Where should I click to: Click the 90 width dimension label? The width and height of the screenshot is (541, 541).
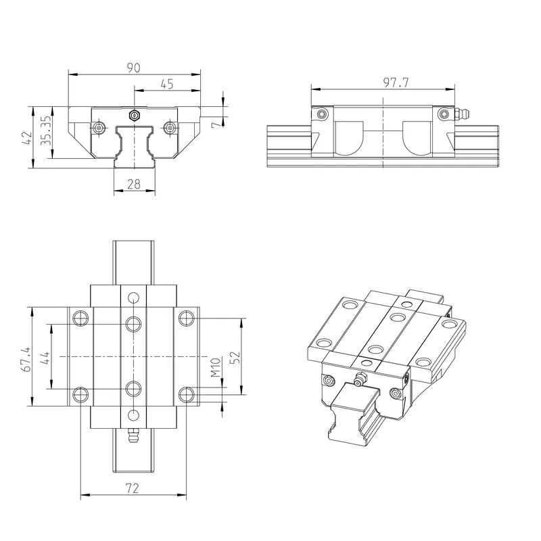point(133,68)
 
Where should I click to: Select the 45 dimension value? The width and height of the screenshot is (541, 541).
point(167,84)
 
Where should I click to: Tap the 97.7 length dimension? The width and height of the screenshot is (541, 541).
point(396,83)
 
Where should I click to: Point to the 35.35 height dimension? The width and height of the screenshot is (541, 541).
point(46,131)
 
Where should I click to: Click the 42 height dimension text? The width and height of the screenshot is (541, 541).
point(27,138)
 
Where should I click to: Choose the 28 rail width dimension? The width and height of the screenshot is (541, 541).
point(134,184)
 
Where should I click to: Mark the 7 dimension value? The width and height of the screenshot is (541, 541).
point(216,123)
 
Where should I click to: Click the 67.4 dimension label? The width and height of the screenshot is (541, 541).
point(26,359)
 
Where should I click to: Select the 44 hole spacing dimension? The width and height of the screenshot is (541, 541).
point(45,358)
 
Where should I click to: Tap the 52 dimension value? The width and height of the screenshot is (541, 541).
point(234,358)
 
